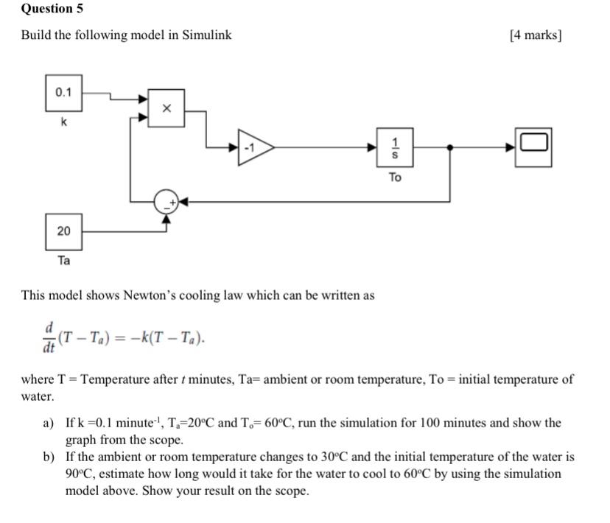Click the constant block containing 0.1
tap(64, 93)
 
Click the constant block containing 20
tap(64, 231)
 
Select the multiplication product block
tap(166, 108)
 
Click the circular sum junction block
tap(166, 201)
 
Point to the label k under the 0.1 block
tap(64, 123)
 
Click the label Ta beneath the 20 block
tap(64, 261)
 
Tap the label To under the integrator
tap(395, 177)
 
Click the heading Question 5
tap(52, 9)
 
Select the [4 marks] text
tap(536, 35)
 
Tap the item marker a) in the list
tap(49, 423)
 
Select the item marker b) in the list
tap(49, 457)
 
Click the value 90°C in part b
tap(78, 474)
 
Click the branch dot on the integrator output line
tap(450, 147)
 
